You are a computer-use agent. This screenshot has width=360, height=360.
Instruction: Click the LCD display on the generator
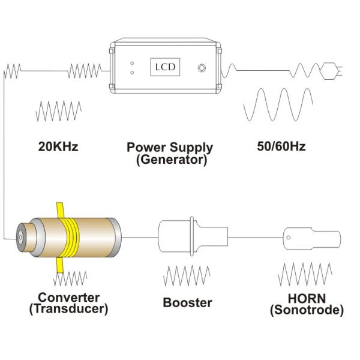tap(164, 66)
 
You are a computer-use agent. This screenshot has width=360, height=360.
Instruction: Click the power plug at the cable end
tap(331, 70)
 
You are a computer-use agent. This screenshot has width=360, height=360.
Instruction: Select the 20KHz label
tap(58, 146)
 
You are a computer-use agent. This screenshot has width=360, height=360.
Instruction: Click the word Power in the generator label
tap(146, 147)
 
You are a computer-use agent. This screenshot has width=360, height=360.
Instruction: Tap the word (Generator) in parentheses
tap(171, 160)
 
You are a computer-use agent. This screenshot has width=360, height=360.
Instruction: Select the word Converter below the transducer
tap(69, 298)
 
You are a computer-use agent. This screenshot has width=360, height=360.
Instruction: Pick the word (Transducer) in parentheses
tap(69, 309)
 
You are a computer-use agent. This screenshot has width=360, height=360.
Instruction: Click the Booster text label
tap(187, 302)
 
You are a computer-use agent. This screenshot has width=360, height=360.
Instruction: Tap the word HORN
tap(306, 298)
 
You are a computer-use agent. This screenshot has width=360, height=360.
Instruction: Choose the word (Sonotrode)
tap(307, 310)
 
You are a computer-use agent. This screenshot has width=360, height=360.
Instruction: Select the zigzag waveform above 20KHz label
tap(58, 111)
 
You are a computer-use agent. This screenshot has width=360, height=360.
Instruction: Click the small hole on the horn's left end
tap(290, 237)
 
